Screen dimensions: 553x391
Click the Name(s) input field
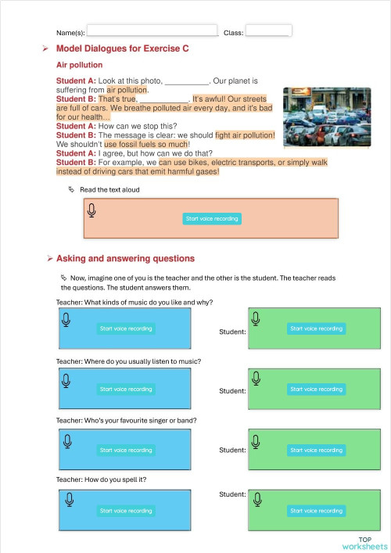pos(152,31)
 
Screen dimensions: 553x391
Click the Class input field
pos(268,31)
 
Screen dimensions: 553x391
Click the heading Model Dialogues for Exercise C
pos(122,48)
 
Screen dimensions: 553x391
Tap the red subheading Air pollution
pos(79,65)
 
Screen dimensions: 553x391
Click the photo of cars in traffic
pos(326,117)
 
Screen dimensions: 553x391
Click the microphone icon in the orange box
pos(92,210)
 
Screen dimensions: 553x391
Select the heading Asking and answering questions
pos(125,258)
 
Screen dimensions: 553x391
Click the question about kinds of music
pos(135,302)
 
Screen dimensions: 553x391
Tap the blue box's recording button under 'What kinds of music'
pos(126,329)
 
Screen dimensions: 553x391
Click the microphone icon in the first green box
pos(256,318)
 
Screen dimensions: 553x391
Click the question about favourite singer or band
pos(126,420)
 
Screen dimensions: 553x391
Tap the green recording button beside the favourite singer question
pos(316,450)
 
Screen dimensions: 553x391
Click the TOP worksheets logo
pos(364,543)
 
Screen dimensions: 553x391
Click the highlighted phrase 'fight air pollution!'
pos(245,135)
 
